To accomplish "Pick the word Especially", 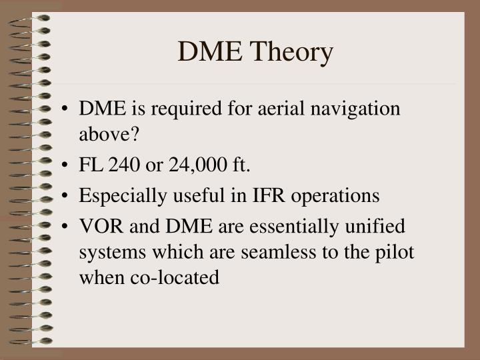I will pyautogui.click(x=120, y=196).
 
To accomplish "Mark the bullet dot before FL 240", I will pyautogui.click(x=67, y=165).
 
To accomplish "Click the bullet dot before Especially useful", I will pyautogui.click(x=67, y=196).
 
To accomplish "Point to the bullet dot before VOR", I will pyautogui.click(x=67, y=227).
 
